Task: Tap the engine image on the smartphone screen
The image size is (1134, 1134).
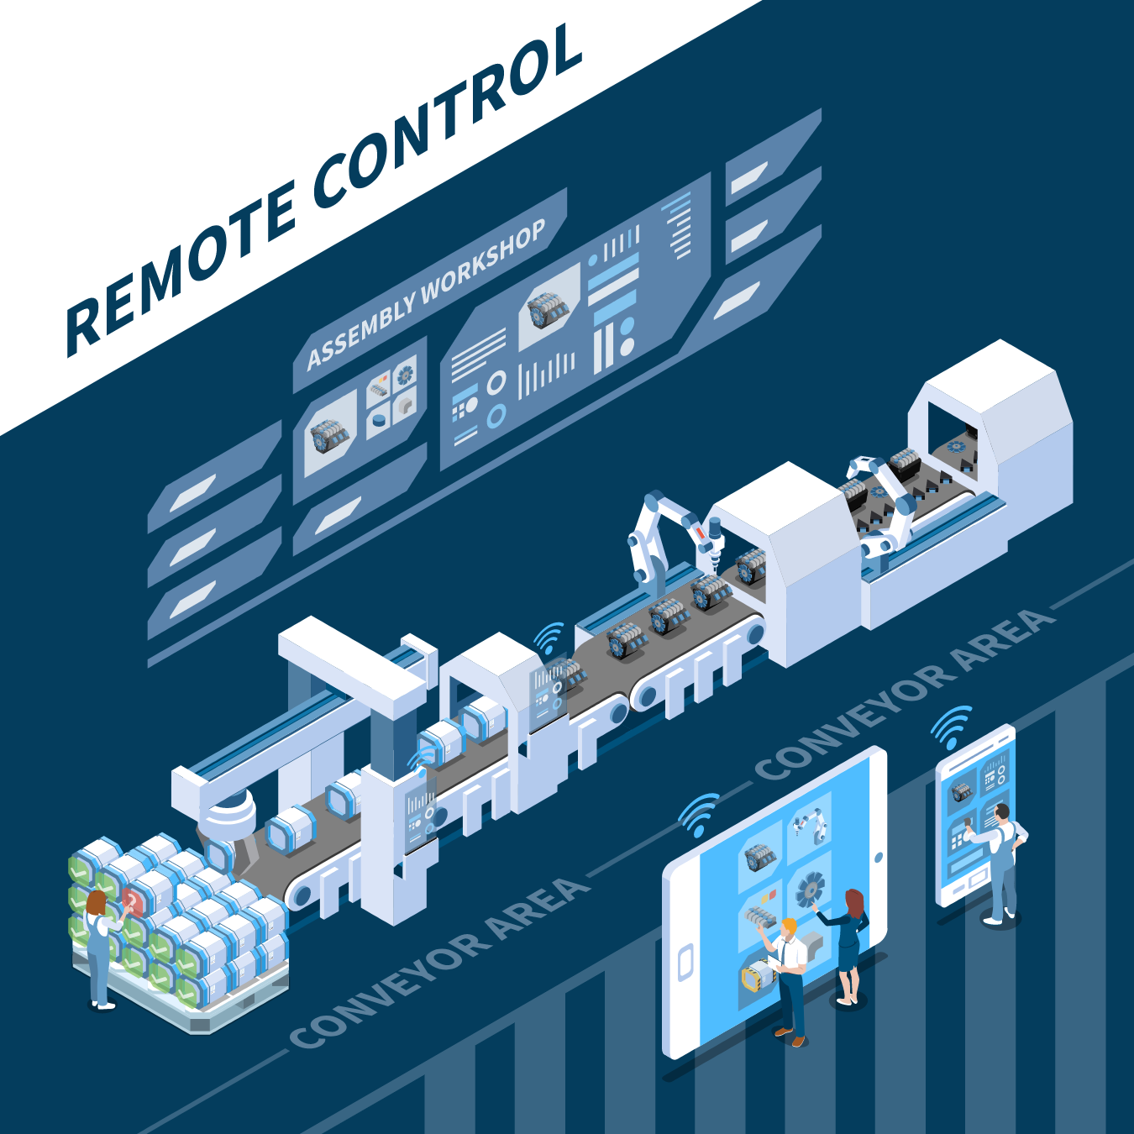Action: click(x=961, y=791)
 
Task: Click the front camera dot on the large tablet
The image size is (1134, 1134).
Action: click(x=878, y=857)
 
